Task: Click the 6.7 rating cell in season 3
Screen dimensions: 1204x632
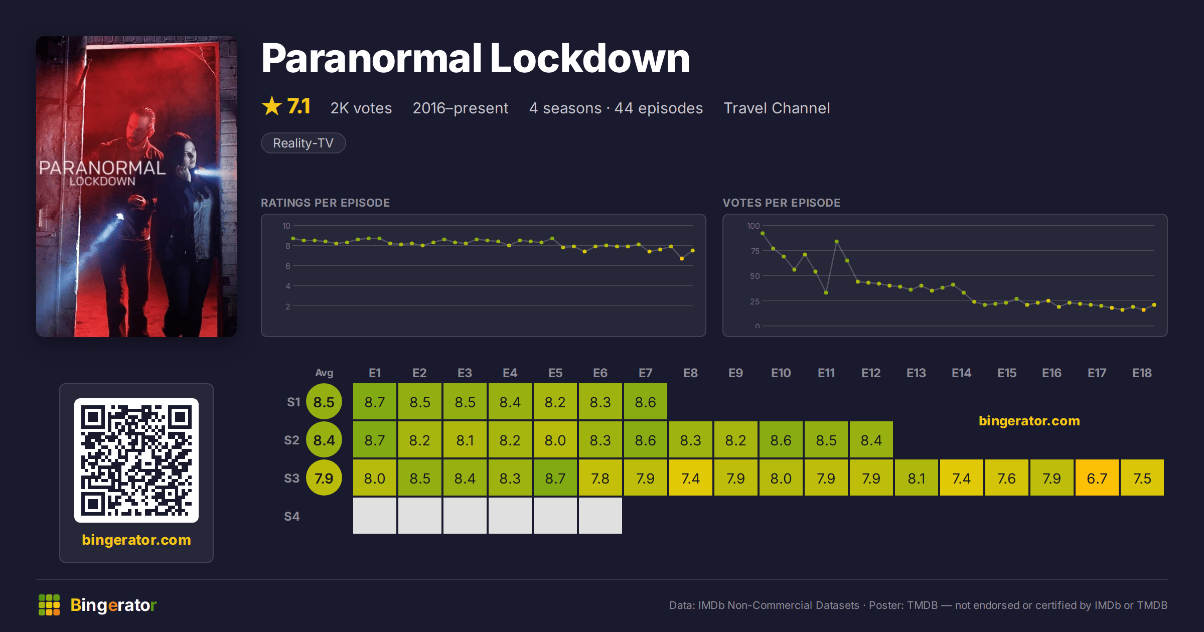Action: pos(1097,478)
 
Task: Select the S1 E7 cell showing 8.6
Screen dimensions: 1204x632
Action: pos(645,402)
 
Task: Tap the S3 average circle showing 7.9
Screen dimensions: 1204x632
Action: pos(324,478)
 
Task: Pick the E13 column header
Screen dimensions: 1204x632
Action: pos(916,373)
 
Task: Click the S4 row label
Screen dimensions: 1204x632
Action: pos(291,516)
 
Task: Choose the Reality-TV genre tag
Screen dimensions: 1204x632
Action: pos(303,143)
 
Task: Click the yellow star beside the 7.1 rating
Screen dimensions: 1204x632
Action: pos(272,106)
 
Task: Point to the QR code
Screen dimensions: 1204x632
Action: pos(136,460)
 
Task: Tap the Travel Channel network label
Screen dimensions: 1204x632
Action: pos(777,108)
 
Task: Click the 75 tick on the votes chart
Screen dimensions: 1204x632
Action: pos(755,251)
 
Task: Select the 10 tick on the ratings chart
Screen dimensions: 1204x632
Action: pos(286,226)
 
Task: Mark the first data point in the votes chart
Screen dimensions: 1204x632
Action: pos(763,233)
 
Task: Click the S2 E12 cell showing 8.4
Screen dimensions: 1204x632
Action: pos(871,440)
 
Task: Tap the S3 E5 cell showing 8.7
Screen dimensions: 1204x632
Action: pos(555,478)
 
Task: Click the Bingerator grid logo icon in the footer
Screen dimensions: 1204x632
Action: pos(49,605)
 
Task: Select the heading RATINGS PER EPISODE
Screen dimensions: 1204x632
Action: pos(325,203)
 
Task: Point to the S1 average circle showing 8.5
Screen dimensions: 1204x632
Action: pos(324,402)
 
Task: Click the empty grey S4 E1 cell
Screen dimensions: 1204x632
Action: pos(374,516)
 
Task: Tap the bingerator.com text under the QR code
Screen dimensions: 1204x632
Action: pos(136,540)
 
